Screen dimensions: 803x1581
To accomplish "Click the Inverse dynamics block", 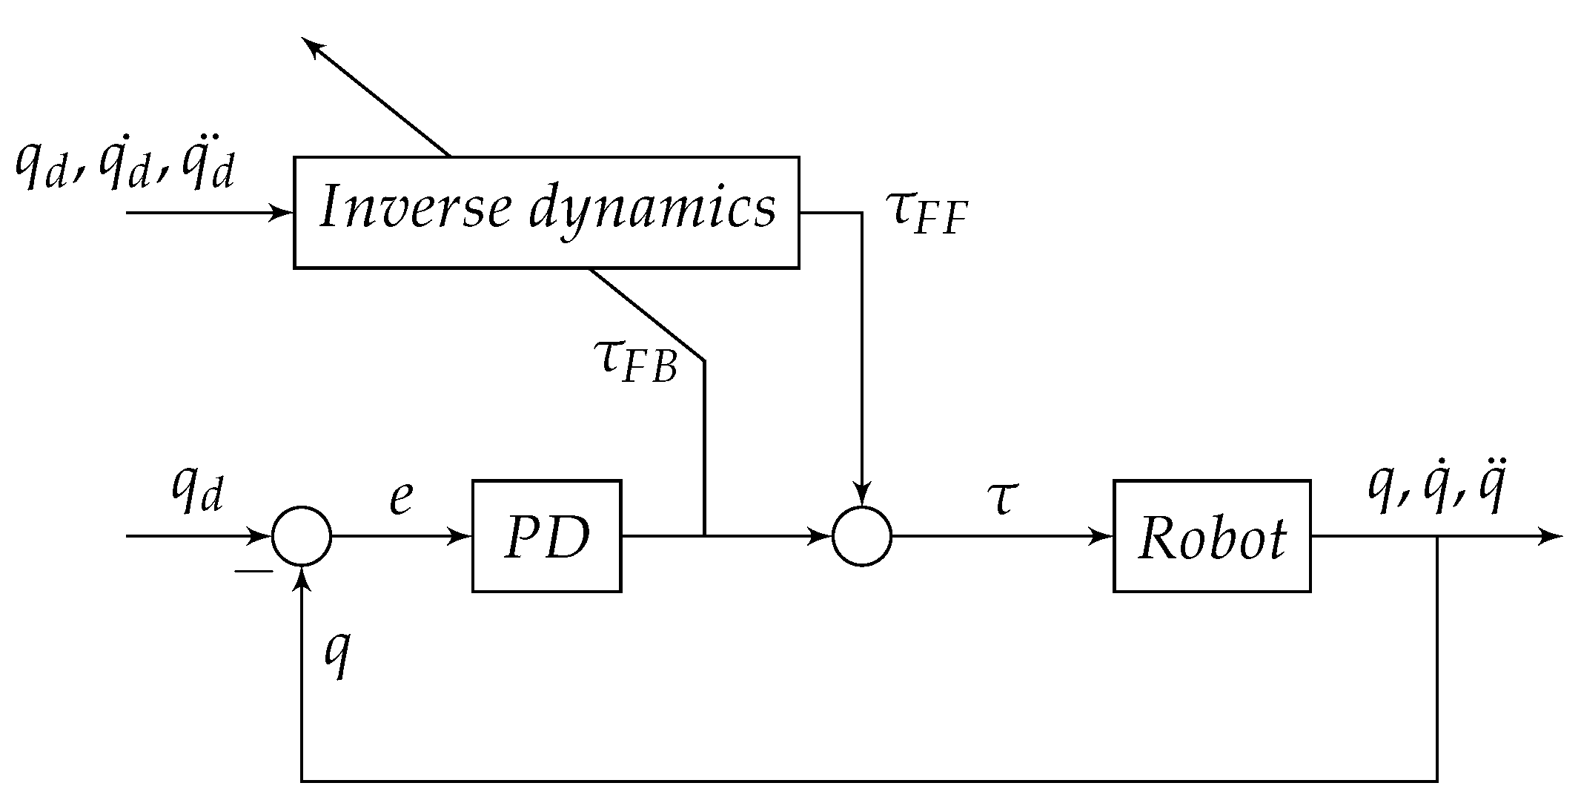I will point(546,212).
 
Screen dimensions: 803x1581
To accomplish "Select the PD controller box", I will point(546,536).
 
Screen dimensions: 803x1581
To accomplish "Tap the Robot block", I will point(1211,536).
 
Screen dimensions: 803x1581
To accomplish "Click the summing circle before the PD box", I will point(301,536).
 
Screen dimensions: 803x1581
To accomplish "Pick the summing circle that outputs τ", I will point(861,536).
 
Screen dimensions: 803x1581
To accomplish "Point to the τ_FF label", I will point(927,214).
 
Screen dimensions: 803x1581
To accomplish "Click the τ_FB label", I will point(636,361).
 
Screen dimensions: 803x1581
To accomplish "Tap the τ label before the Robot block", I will point(1000,498).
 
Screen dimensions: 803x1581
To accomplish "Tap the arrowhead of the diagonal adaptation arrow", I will point(314,49).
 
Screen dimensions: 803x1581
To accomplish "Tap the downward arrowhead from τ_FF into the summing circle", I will point(861,496).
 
